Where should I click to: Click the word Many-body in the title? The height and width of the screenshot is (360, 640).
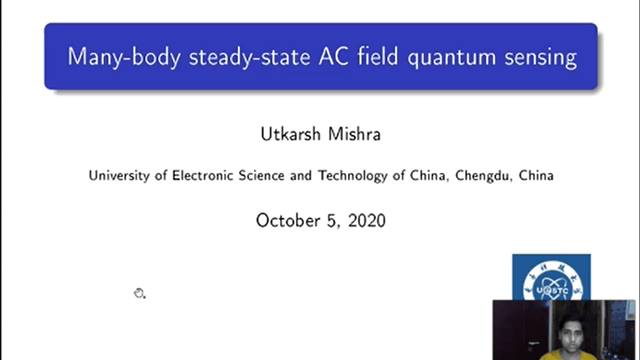point(123,57)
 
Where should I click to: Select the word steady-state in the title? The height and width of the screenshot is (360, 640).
point(249,57)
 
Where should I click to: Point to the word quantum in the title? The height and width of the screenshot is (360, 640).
point(452,58)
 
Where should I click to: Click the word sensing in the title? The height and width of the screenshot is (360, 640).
point(541,58)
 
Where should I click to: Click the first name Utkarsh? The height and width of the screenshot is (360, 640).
point(291,134)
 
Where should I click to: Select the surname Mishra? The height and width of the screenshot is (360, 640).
point(354,134)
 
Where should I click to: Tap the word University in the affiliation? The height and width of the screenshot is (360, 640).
point(119,176)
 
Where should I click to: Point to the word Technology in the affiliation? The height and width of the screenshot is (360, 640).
point(352,176)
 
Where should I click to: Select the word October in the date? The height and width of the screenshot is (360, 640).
point(288,221)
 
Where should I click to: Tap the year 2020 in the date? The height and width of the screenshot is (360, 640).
point(366,221)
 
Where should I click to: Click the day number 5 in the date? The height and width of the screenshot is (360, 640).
point(331,221)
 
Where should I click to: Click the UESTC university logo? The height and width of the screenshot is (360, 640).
point(552,277)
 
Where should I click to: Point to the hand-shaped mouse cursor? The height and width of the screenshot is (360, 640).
point(139,293)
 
